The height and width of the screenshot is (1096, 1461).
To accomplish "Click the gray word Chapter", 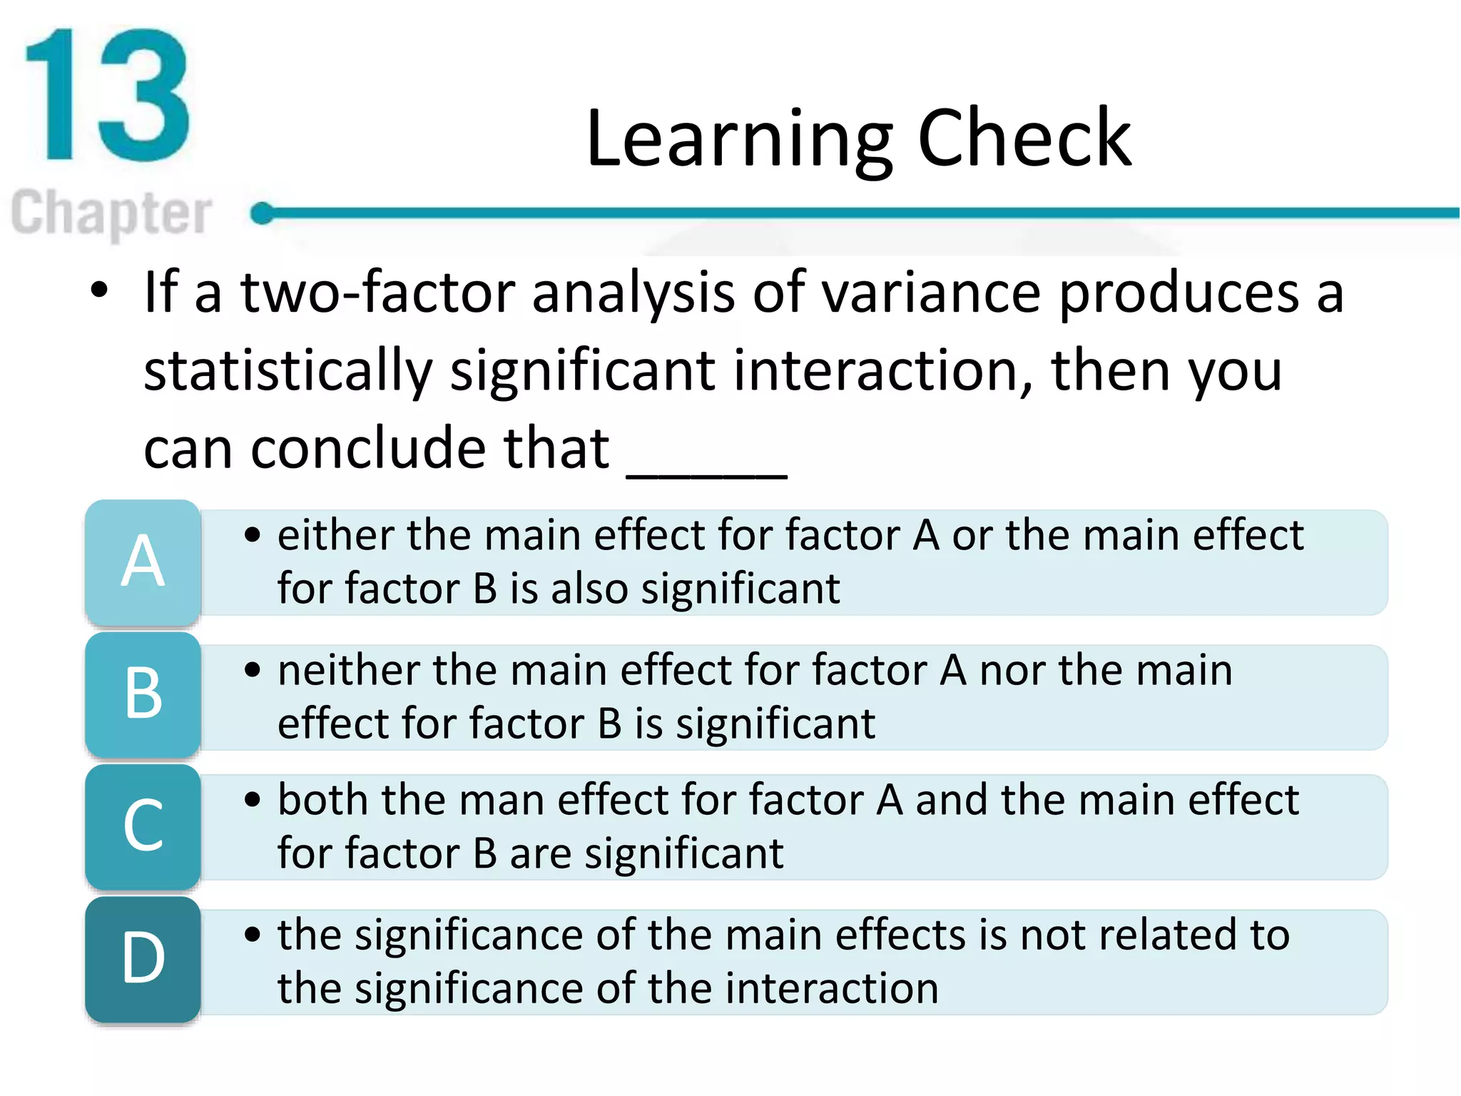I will pos(111,213).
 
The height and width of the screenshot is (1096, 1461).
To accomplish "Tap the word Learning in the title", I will pos(739,138).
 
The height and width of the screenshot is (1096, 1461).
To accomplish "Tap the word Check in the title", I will pos(1024,138).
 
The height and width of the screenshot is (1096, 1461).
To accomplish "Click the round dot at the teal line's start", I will pos(263,213).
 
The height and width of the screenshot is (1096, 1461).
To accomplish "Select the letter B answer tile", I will pos(143,694).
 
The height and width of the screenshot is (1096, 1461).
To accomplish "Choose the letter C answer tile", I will pos(143,826).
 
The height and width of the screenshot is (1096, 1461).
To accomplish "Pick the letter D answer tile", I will pos(143,958).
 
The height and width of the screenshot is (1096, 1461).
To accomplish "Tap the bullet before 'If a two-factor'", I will pos(99,290).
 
